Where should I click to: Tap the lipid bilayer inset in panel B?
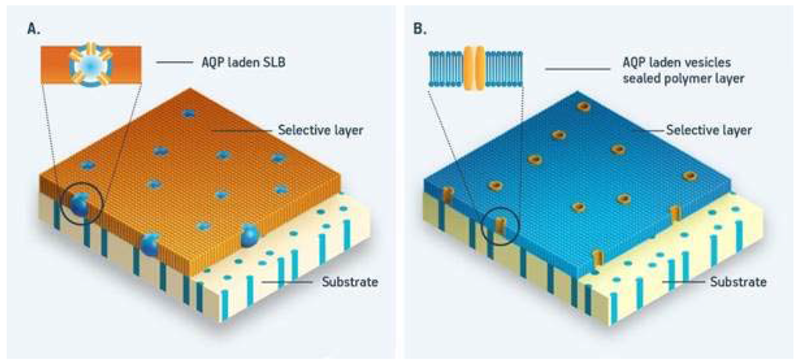coord(475,68)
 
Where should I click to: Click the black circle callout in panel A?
coord(82,205)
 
